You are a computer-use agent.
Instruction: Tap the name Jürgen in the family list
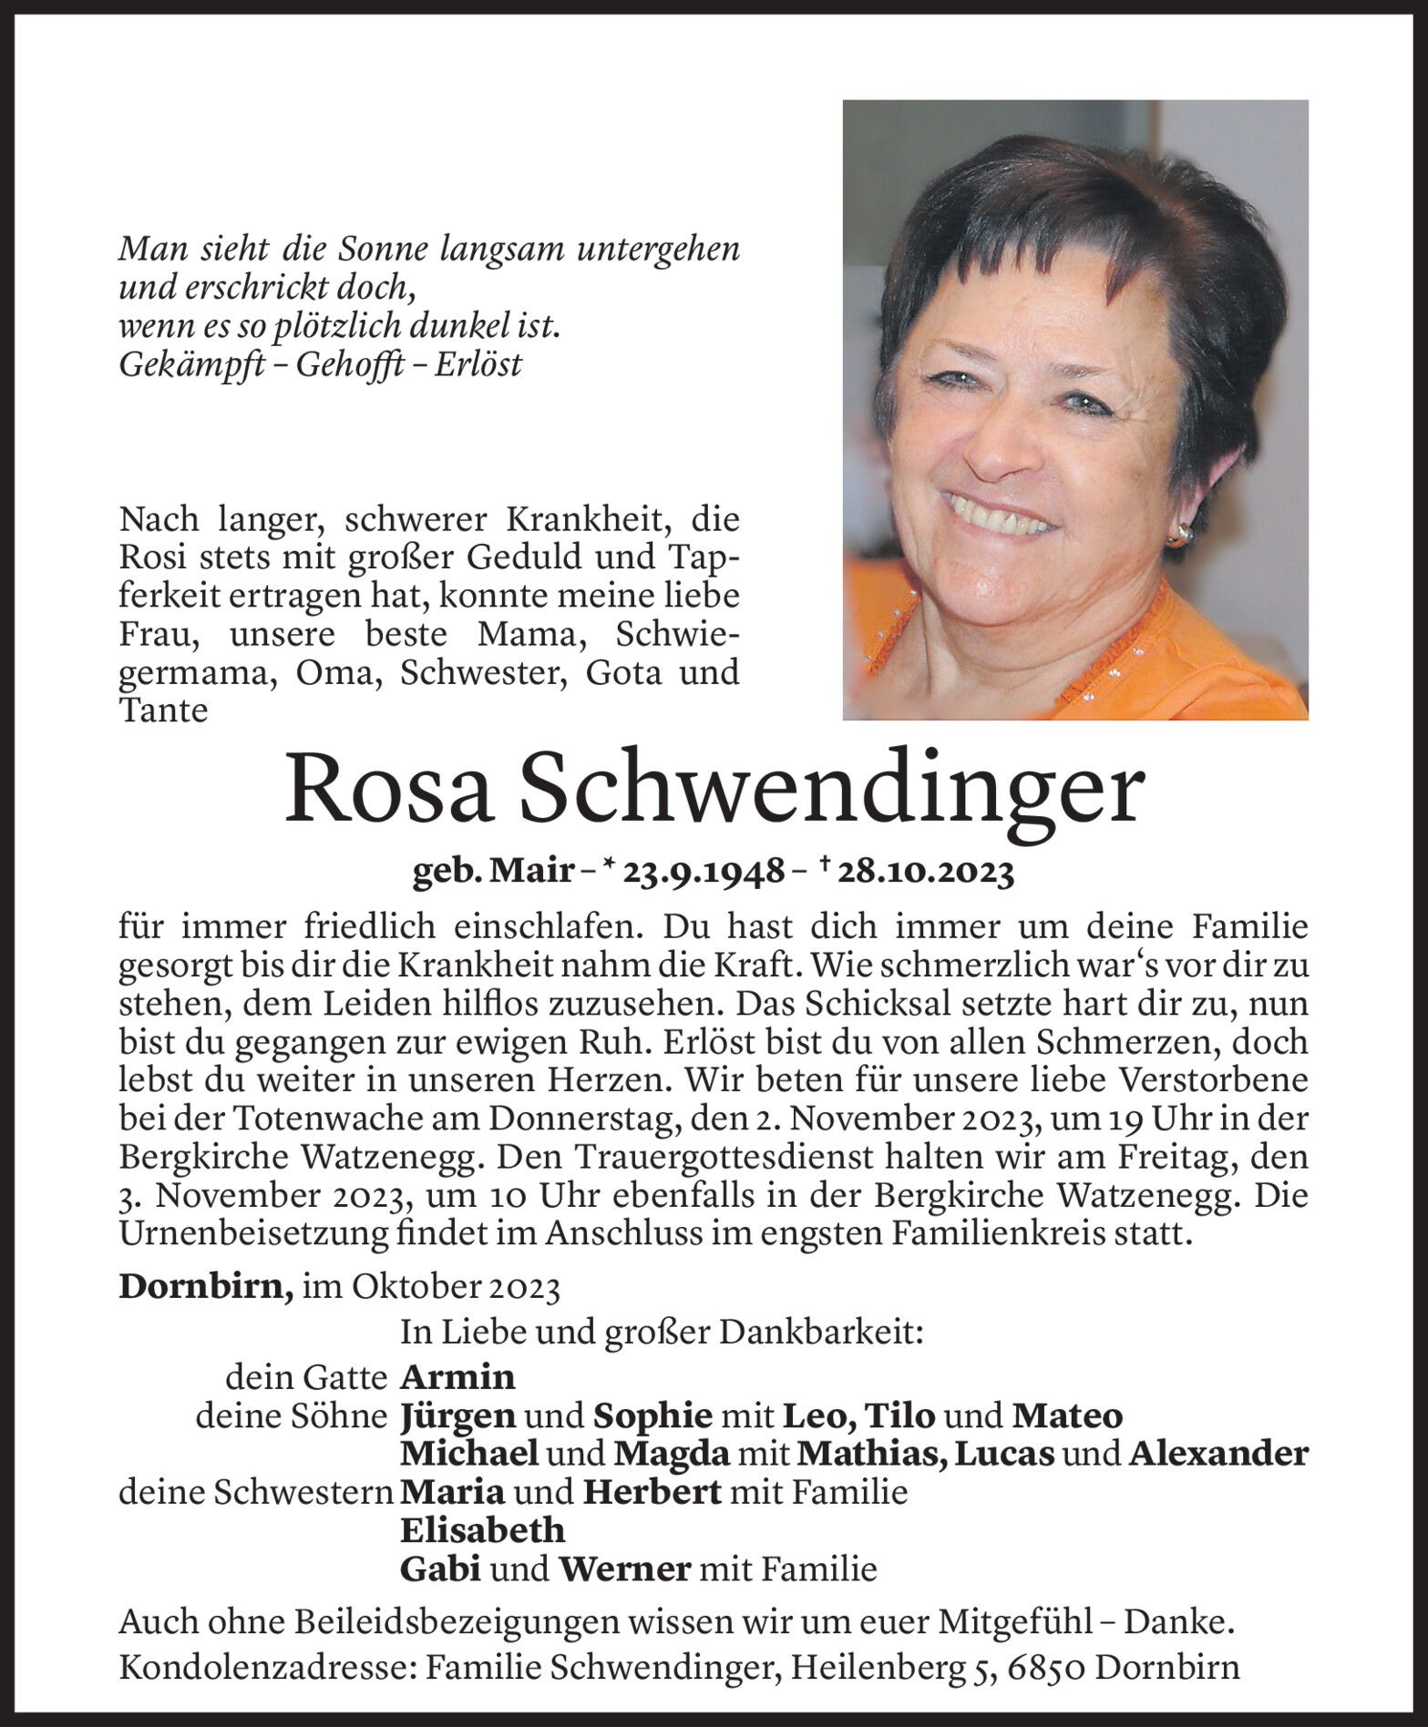458,1415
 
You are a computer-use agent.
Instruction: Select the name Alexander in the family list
1218,1454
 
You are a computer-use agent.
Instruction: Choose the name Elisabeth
483,1529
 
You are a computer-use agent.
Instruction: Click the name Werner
625,1569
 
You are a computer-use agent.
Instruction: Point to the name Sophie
652,1415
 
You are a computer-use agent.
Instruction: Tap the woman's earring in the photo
1179,537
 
